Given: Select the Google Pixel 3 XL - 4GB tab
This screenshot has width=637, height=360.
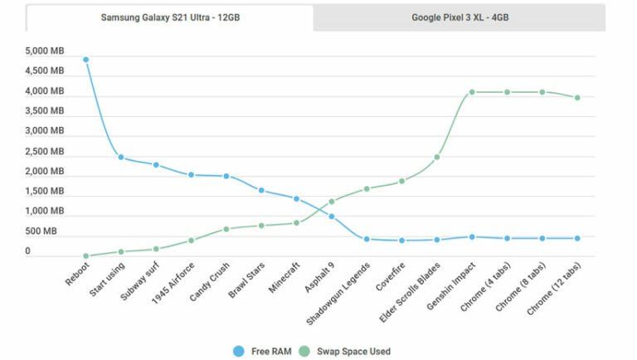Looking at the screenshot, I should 460,17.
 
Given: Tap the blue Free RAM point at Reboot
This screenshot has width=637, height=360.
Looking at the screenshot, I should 85,60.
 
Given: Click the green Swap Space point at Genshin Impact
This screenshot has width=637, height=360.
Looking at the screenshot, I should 472,92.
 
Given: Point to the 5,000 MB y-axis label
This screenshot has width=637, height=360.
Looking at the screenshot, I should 45,51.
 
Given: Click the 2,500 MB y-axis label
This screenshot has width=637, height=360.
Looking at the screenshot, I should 45,152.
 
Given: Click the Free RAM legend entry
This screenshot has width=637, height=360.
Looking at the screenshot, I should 260,351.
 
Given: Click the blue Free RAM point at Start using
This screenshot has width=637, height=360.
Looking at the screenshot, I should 121,158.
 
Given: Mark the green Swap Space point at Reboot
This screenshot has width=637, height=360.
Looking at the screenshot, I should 85,255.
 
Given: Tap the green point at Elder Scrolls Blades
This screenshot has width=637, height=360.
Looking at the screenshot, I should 437,157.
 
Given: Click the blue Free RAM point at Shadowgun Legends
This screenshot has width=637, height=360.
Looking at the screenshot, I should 367,239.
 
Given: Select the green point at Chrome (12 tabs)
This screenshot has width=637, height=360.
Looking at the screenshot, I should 577,98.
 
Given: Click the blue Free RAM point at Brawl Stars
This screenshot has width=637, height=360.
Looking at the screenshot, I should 261,191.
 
